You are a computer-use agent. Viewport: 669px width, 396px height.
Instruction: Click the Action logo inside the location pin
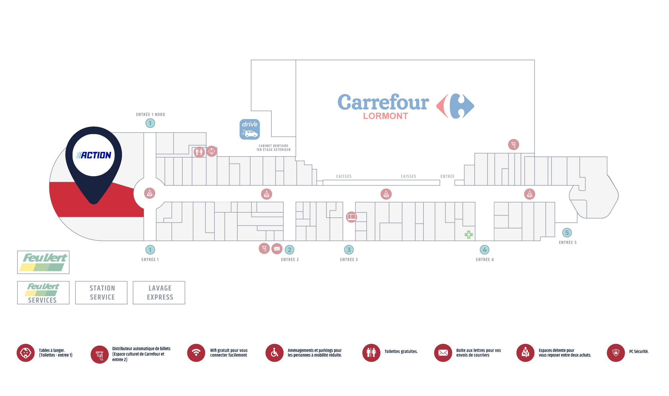tap(94, 155)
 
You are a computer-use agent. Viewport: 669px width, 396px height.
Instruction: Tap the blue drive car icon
tap(250, 129)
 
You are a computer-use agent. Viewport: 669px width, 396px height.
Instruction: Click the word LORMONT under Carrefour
tap(385, 116)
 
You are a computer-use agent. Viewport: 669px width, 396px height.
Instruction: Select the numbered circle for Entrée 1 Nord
tap(150, 123)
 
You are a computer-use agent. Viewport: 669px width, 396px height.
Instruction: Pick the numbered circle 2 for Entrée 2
tap(289, 250)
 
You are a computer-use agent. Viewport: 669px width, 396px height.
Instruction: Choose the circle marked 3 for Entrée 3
tap(349, 250)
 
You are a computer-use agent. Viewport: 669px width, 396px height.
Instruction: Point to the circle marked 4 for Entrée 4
tap(484, 250)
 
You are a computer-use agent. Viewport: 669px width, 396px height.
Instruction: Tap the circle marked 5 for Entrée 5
tap(567, 232)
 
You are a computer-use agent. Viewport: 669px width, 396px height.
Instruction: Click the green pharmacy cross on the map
tap(469, 234)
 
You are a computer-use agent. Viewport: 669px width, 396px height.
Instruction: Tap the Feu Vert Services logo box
tap(43, 293)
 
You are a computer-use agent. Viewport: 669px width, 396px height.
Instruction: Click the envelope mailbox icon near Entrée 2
tap(277, 249)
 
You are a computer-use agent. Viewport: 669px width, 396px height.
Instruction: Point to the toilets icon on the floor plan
tap(199, 152)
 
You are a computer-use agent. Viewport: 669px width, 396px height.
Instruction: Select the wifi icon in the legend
tap(196, 353)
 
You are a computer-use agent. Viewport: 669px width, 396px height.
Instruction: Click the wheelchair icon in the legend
tap(274, 353)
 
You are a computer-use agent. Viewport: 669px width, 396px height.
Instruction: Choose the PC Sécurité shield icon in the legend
tap(616, 353)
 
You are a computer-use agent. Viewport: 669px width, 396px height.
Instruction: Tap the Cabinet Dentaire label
tap(273, 148)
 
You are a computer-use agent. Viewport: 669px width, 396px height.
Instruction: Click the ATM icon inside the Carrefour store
tap(513, 144)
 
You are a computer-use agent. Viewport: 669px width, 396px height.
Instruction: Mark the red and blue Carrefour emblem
tap(455, 106)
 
